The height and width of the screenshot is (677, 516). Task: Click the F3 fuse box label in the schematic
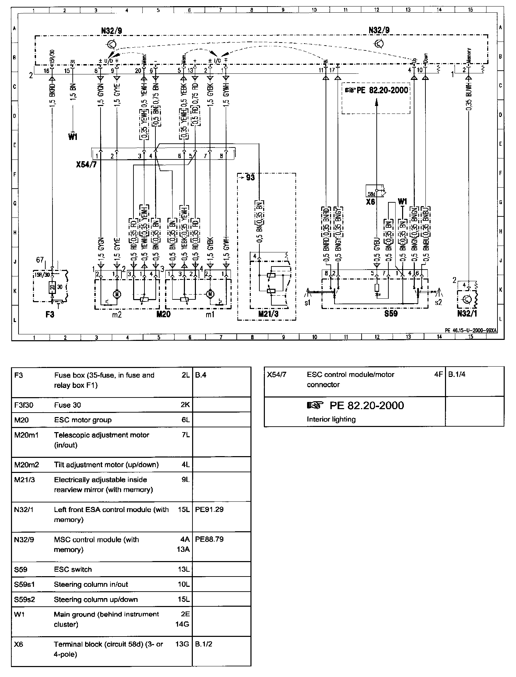pyautogui.click(x=50, y=314)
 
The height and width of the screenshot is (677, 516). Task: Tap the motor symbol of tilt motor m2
pyautogui.click(x=118, y=294)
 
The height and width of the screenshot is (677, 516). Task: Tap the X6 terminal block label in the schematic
pyautogui.click(x=371, y=202)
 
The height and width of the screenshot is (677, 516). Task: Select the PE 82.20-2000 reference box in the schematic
pyautogui.click(x=376, y=91)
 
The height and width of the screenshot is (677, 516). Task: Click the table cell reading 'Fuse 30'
pyautogui.click(x=68, y=405)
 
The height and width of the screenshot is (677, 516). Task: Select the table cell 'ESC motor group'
pyautogui.click(x=83, y=420)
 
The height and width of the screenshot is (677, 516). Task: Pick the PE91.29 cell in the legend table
pyautogui.click(x=209, y=509)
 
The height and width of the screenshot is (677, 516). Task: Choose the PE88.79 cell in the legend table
pyautogui.click(x=209, y=539)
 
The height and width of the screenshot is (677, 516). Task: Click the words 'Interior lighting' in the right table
pyautogui.click(x=331, y=419)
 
